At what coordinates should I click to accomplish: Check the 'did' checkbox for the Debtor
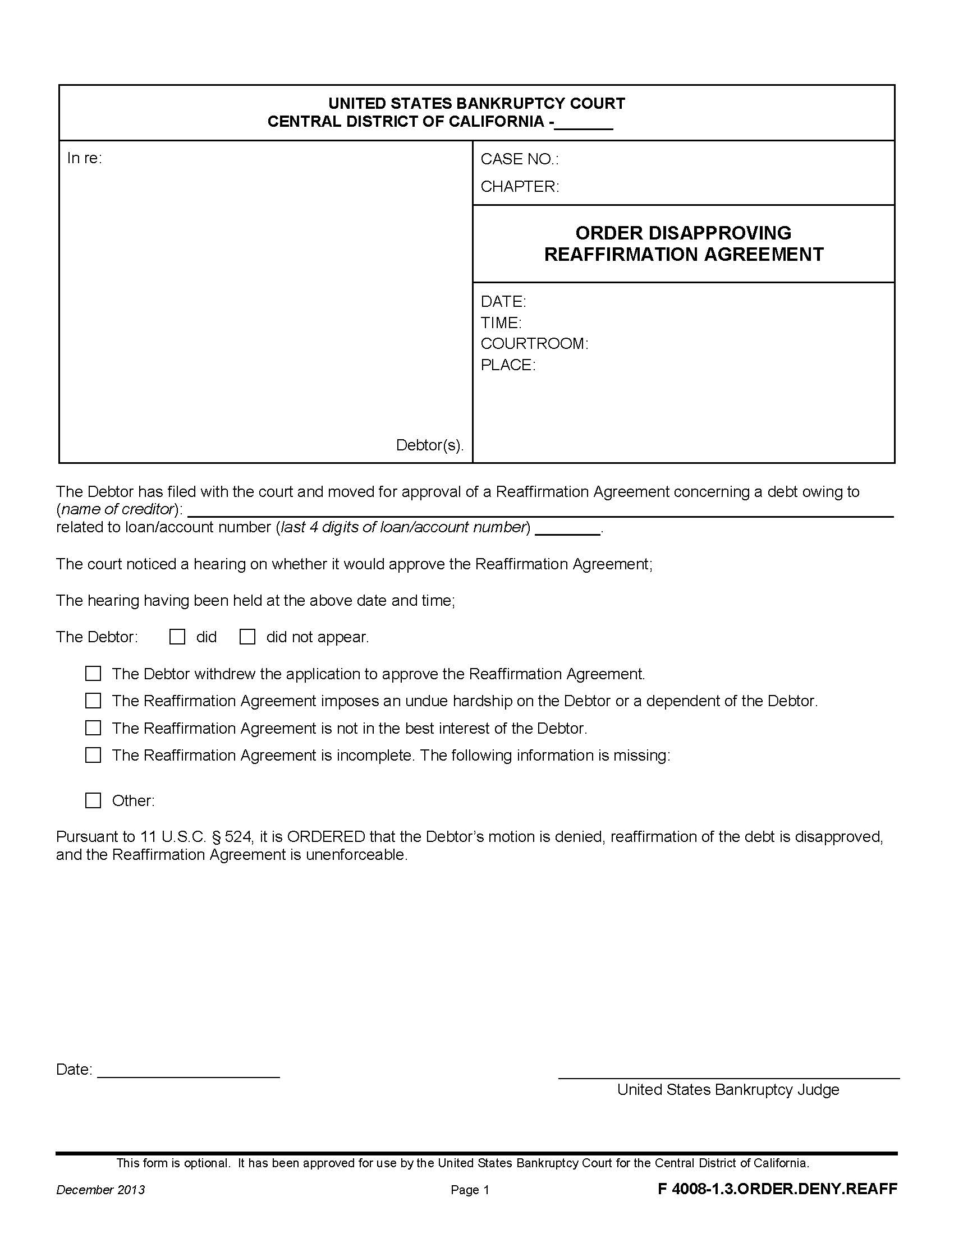tap(177, 637)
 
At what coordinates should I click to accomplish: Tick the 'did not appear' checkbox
tap(247, 637)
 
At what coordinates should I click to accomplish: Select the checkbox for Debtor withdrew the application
tap(93, 674)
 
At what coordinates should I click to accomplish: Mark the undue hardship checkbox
tap(93, 701)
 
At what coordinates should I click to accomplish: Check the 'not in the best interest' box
tap(93, 727)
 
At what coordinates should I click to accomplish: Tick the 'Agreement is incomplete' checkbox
tap(93, 755)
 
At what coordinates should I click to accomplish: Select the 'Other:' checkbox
tap(93, 800)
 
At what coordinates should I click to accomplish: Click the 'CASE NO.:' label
tap(520, 159)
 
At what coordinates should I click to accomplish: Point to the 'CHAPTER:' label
tap(520, 186)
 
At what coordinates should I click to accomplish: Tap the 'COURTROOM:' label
tap(534, 343)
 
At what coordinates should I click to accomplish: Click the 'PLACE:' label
tap(507, 365)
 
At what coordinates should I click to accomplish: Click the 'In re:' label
tap(84, 158)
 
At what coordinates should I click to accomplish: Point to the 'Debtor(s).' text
tap(429, 445)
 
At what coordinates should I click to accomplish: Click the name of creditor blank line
tap(540, 512)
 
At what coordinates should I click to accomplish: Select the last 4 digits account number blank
tap(567, 530)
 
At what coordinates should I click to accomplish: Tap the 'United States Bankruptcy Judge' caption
tap(728, 1090)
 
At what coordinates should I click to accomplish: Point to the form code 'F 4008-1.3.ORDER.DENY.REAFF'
tap(777, 1189)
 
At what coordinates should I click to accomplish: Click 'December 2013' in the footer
tap(100, 1190)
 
